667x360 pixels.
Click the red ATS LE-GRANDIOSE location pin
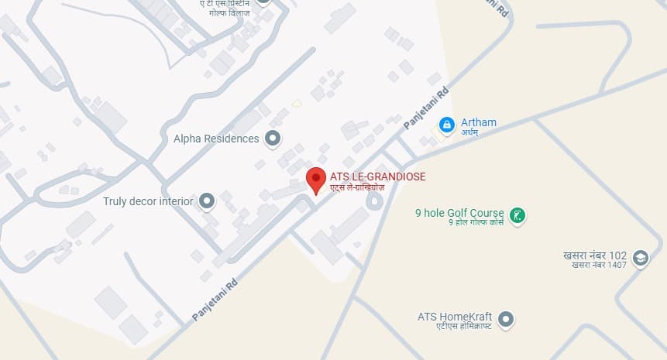316,180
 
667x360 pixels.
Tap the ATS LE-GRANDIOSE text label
377,177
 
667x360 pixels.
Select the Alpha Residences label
216,139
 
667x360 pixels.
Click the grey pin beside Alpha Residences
272,139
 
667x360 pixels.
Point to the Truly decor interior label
148,201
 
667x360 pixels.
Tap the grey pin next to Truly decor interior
206,202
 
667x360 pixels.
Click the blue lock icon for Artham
446,124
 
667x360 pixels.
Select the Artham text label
478,122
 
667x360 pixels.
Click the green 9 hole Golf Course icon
518,214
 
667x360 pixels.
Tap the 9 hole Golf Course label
459,213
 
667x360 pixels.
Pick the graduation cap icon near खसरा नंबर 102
640,258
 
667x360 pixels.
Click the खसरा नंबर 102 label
594,255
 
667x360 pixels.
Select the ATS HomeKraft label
455,317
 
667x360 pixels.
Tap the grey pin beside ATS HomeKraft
506,318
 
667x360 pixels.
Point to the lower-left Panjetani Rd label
216,299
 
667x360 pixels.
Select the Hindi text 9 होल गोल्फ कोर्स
476,223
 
